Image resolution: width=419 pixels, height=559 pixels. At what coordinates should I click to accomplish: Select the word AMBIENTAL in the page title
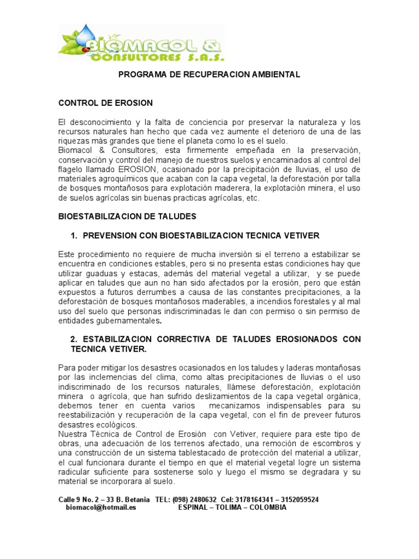[x=276, y=75]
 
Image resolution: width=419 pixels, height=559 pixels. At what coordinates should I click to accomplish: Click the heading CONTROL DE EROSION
[x=106, y=103]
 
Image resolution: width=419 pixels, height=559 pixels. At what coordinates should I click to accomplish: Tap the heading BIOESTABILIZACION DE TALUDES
[x=127, y=217]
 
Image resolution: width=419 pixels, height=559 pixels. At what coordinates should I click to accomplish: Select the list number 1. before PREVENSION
[x=75, y=235]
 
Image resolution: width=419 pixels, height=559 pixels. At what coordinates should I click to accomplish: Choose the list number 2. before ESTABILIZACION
[x=75, y=339]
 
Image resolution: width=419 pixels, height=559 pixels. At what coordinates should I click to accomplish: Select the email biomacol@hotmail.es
[x=101, y=507]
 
